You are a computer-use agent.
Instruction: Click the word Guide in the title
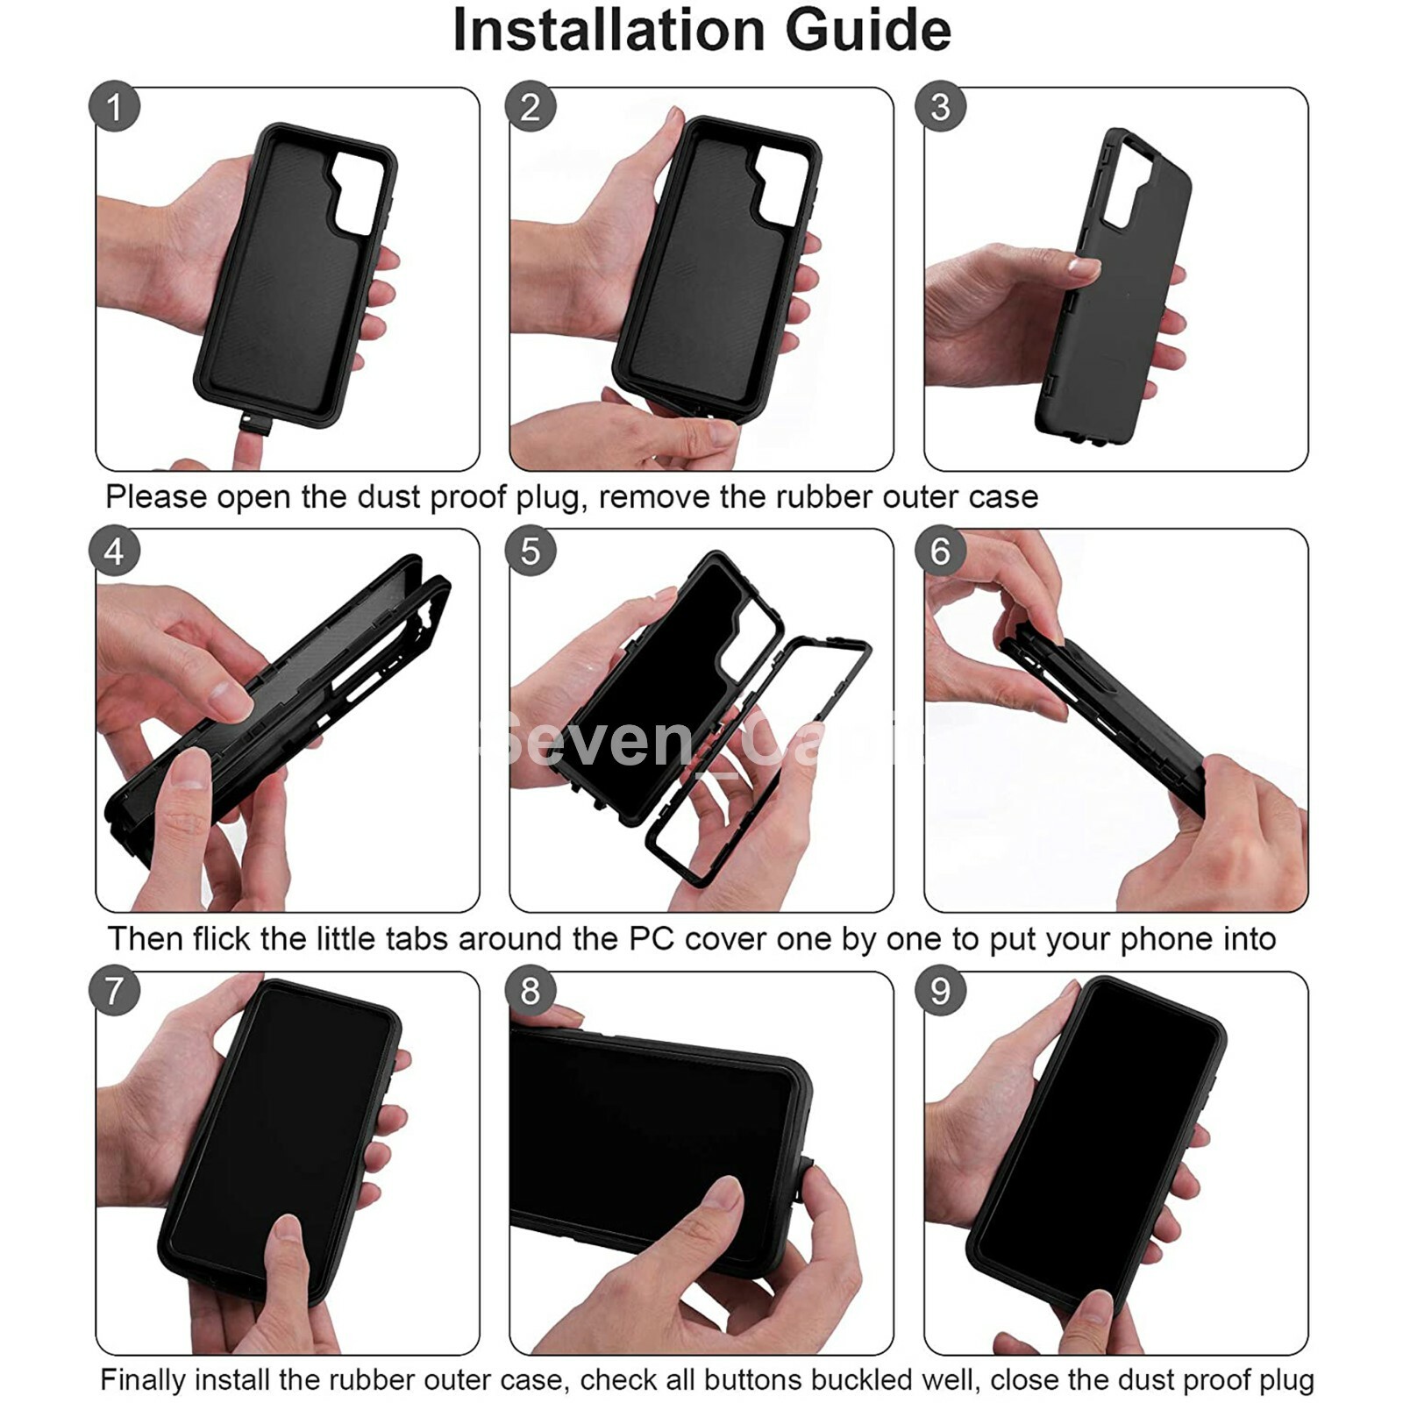[867, 31]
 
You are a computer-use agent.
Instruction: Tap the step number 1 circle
[115, 107]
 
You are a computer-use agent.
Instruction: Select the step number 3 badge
[940, 107]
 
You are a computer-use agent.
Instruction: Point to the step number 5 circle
[531, 551]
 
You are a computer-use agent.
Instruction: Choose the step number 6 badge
[940, 551]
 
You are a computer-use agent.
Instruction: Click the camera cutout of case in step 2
[782, 182]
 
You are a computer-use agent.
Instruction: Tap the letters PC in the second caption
[652, 939]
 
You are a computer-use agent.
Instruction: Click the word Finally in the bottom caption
[142, 1379]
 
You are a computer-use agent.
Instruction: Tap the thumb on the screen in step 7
[289, 1250]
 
